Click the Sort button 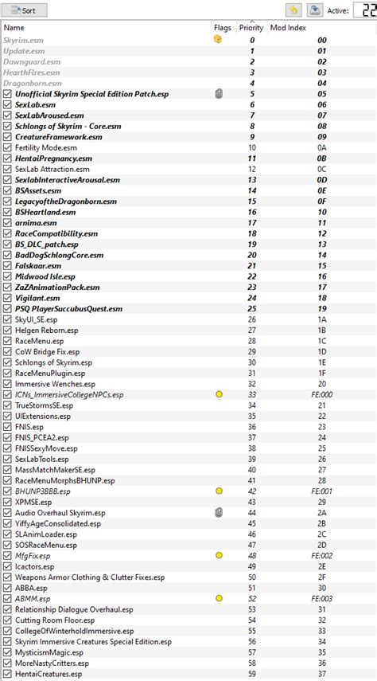pyautogui.click(x=25, y=10)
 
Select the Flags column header pyautogui.click(x=222, y=28)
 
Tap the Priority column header pyautogui.click(x=251, y=28)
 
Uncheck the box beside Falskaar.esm pyautogui.click(x=8, y=264)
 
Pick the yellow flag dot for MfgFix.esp pyautogui.click(x=219, y=554)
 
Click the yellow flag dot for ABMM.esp pyautogui.click(x=219, y=597)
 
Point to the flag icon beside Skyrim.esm pyautogui.click(x=218, y=39)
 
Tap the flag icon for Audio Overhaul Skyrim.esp pyautogui.click(x=219, y=512)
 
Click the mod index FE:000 pyautogui.click(x=321, y=393)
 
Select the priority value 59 pyautogui.click(x=252, y=673)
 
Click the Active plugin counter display pyautogui.click(x=362, y=11)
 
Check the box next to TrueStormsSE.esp pyautogui.click(x=8, y=405)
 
